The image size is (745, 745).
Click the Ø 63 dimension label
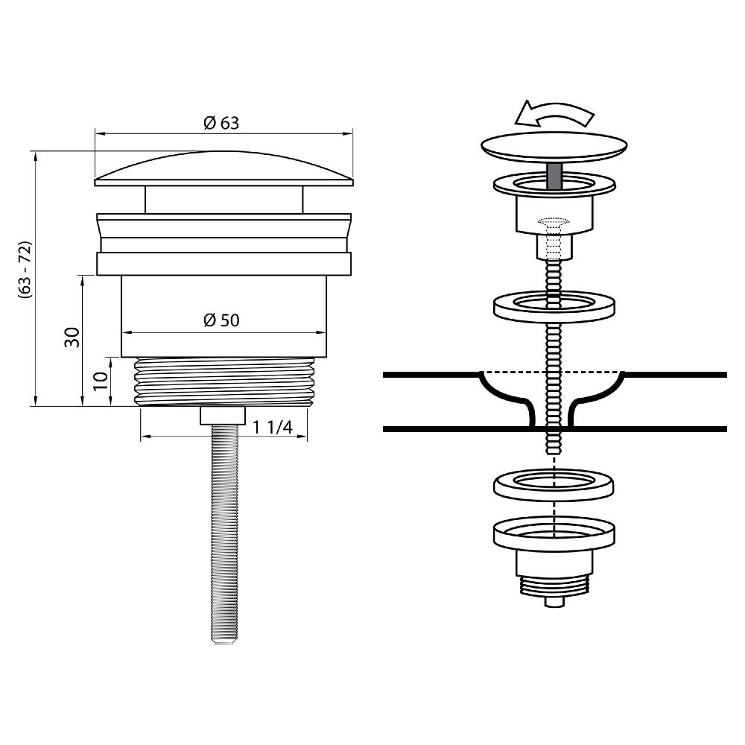pyautogui.click(x=221, y=123)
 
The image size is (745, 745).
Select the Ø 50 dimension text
pyautogui.click(x=221, y=320)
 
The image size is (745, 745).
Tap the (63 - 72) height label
pyautogui.click(x=25, y=270)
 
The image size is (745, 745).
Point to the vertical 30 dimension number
pyautogui.click(x=72, y=337)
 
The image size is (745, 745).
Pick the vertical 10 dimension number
pyautogui.click(x=101, y=381)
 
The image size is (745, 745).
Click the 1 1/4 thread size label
pyautogui.click(x=272, y=427)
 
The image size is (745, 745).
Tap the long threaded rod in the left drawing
pyautogui.click(x=223, y=534)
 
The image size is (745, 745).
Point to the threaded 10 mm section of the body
pyautogui.click(x=224, y=381)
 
